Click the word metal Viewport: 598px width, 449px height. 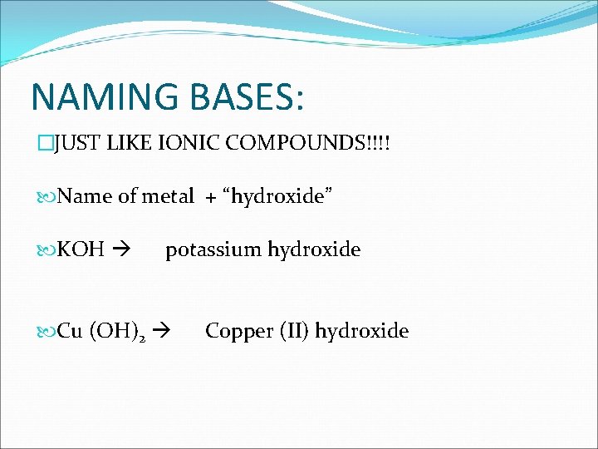tap(168, 196)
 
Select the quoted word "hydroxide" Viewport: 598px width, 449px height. tap(275, 196)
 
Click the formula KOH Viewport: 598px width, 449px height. tap(81, 249)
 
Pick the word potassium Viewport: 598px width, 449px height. tap(213, 249)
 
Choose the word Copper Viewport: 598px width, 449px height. tap(235, 331)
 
